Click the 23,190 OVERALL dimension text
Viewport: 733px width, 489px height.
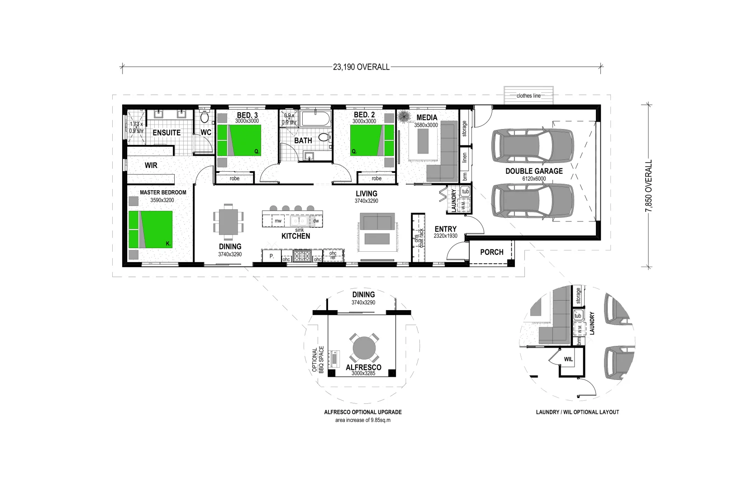coord(361,67)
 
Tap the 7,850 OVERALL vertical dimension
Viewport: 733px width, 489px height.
coord(649,186)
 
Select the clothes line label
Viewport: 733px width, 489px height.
coord(528,96)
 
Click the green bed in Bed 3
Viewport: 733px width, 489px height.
coord(239,140)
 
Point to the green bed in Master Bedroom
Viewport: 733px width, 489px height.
coord(151,229)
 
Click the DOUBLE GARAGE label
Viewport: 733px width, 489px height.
coord(534,171)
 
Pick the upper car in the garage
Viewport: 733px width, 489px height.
coord(533,146)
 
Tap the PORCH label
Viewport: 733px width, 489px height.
coord(491,252)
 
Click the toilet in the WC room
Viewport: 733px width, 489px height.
coord(205,117)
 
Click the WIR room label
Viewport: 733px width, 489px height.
coord(151,165)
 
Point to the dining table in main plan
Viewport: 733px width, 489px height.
coord(228,222)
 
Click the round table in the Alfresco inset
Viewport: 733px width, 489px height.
coord(364,348)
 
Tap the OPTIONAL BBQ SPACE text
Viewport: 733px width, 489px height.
coord(318,360)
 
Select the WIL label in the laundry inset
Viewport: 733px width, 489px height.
coord(568,359)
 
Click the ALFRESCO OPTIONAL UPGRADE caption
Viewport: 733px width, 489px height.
coord(362,412)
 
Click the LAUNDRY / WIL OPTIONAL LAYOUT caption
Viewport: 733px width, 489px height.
coord(577,412)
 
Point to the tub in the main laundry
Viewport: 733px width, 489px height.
coord(466,192)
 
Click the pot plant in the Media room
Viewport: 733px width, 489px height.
coord(403,117)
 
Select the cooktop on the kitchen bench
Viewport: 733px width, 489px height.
coord(301,256)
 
